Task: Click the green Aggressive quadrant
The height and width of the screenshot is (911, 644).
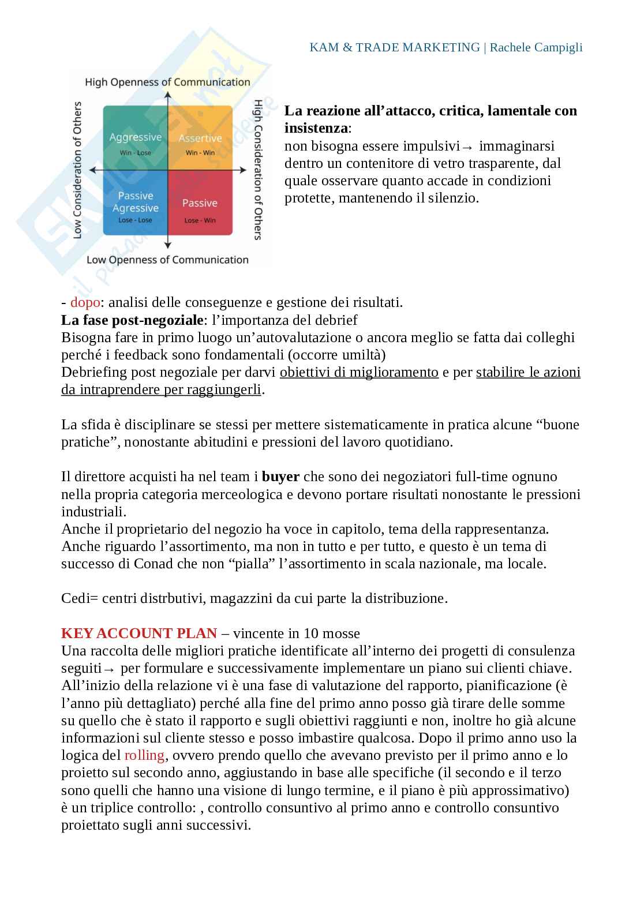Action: pos(136,138)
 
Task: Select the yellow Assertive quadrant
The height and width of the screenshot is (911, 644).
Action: pos(200,138)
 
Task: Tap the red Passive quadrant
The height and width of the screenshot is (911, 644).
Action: pos(200,203)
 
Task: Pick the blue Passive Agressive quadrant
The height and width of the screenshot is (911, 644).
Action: pos(136,203)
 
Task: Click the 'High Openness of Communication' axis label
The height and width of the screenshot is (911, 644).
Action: pos(167,83)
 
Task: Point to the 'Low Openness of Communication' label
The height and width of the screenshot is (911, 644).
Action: pos(167,260)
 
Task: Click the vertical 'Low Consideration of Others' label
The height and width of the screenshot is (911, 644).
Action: pos(77,170)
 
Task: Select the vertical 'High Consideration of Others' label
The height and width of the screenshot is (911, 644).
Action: pos(258,170)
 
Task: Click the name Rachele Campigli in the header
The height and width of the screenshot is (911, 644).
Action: pos(536,47)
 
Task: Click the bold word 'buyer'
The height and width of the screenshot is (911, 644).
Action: pos(280,477)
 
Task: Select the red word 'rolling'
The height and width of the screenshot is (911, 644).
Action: pos(144,755)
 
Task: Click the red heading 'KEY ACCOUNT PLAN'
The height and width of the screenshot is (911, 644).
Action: pos(139,633)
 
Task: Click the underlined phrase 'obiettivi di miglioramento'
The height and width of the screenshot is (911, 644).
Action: pos(359,372)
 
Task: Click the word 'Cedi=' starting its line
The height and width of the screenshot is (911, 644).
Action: pos(79,598)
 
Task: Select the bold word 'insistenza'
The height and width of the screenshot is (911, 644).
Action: pos(316,128)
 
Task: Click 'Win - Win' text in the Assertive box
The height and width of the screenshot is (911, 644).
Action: pos(200,153)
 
